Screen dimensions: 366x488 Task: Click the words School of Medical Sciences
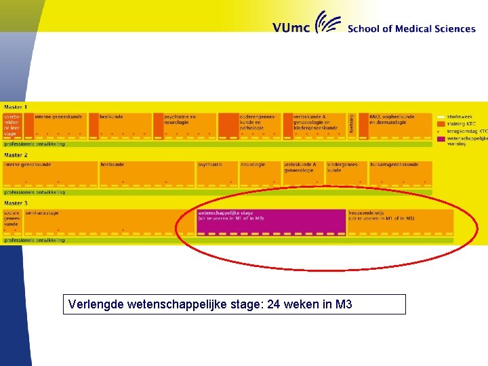click(411, 28)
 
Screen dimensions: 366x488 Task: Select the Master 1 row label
click(16, 107)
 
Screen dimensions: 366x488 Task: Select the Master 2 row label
click(16, 155)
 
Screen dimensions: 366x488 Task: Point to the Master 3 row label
click(16, 203)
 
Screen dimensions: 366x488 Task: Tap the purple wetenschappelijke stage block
click(271, 222)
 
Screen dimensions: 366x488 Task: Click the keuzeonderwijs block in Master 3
click(400, 222)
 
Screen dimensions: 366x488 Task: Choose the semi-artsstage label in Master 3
click(42, 213)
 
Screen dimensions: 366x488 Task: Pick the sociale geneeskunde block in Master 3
click(12, 220)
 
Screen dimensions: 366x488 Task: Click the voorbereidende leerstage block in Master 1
click(13, 125)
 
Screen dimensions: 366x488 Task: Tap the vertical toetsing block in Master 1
click(352, 124)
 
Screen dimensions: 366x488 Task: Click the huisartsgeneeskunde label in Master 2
click(394, 165)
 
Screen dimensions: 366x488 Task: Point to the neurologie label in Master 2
click(253, 165)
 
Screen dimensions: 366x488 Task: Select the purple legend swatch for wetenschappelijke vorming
click(441, 139)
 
